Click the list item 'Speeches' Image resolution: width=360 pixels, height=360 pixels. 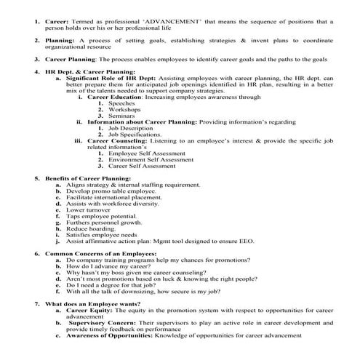click(121, 103)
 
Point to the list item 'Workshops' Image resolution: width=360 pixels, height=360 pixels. click(124, 110)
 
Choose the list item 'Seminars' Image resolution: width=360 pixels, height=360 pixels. click(121, 116)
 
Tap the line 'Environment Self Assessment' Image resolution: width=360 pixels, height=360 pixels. click(149, 159)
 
